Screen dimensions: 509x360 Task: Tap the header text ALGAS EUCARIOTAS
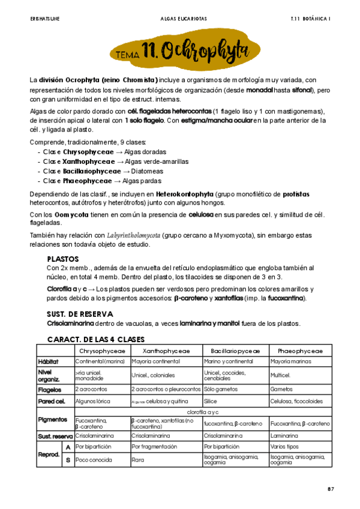coord(180,19)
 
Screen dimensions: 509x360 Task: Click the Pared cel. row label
coord(52,400)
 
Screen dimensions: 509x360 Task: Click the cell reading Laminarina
coord(283,436)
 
